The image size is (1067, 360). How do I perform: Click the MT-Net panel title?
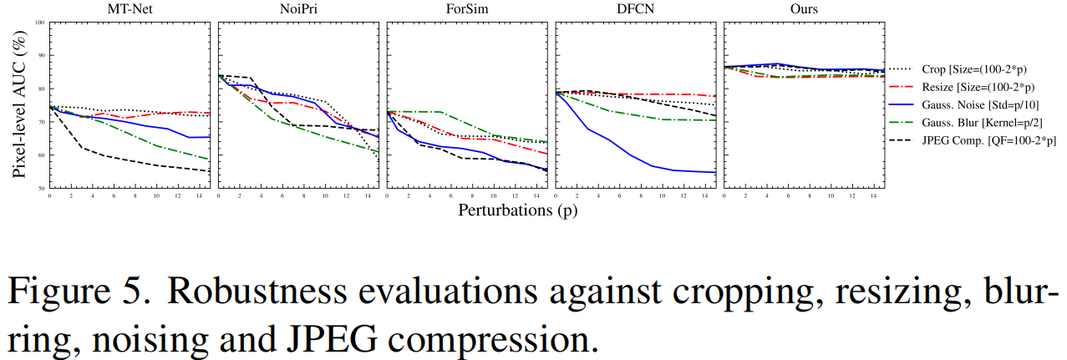[130, 9]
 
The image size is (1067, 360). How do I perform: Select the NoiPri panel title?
[298, 9]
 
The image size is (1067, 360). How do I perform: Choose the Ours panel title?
[805, 9]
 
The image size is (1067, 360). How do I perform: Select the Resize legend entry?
[970, 88]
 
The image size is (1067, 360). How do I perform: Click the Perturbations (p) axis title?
[517, 210]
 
